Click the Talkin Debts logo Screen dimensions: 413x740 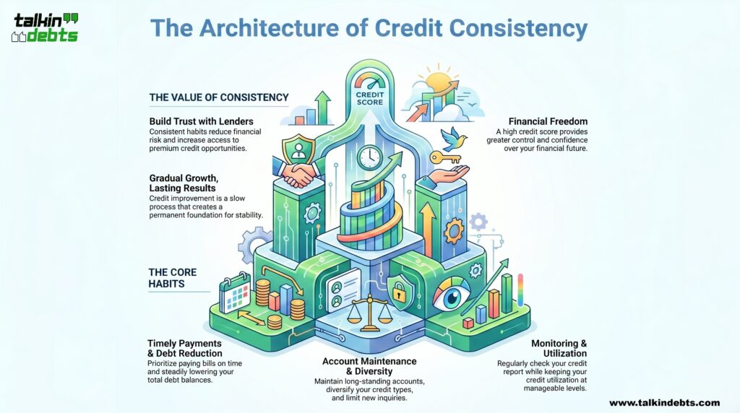click(x=46, y=27)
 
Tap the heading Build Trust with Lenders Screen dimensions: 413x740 click(x=201, y=121)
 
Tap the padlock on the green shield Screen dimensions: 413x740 click(x=400, y=292)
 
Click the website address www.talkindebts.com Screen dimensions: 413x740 click(x=664, y=402)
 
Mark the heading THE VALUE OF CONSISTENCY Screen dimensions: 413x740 click(x=218, y=97)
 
